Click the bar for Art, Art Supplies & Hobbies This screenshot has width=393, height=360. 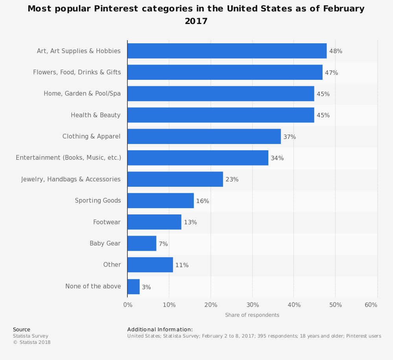(x=227, y=51)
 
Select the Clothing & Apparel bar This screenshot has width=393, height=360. (x=204, y=137)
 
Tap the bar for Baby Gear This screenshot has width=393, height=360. (x=142, y=244)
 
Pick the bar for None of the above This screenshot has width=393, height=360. (x=134, y=287)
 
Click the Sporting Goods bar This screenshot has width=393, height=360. (x=160, y=201)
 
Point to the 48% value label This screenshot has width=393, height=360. (x=336, y=51)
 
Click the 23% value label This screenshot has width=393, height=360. (x=232, y=179)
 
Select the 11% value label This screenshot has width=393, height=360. (x=182, y=265)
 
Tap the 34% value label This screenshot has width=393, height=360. (x=277, y=158)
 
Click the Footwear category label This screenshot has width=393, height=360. (x=107, y=222)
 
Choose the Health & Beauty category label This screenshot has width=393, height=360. (x=95, y=115)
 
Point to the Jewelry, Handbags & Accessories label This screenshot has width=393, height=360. (x=71, y=179)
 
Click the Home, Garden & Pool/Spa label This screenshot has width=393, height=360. (x=82, y=94)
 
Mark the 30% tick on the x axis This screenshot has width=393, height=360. (x=253, y=305)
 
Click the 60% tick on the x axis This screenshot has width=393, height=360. (x=371, y=305)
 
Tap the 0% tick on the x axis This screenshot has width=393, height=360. (x=128, y=305)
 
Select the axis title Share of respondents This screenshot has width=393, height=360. (x=252, y=315)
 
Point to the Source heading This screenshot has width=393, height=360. (x=22, y=330)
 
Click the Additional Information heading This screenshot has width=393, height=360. (x=160, y=330)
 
